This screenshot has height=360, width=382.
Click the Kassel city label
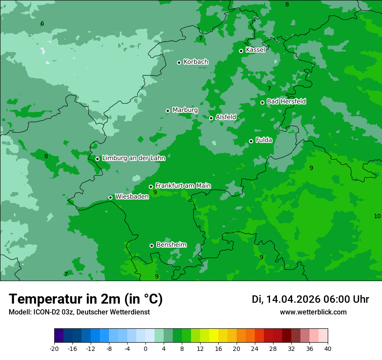pyautogui.click(x=255, y=50)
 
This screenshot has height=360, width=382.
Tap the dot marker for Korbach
pyautogui.click(x=179, y=62)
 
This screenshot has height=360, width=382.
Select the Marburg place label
pyautogui.click(x=185, y=110)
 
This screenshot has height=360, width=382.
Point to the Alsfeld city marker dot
pyautogui.click(x=211, y=118)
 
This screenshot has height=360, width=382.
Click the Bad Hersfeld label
pyautogui.click(x=286, y=101)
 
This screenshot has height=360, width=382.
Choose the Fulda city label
pyautogui.click(x=264, y=140)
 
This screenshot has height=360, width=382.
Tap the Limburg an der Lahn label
pyautogui.click(x=133, y=158)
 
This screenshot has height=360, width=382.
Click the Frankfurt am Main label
pyautogui.click(x=183, y=186)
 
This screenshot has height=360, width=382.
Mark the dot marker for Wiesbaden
pyautogui.click(x=110, y=197)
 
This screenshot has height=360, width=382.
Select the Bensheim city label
pyautogui.click(x=171, y=245)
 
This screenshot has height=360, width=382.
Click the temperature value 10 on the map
pyautogui.click(x=377, y=216)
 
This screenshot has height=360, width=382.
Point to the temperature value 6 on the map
pyautogui.click(x=42, y=24)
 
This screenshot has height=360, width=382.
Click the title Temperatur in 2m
pyautogui.click(x=86, y=299)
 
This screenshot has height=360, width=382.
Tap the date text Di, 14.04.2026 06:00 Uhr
pyautogui.click(x=310, y=299)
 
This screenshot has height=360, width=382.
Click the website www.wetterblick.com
pyautogui.click(x=313, y=312)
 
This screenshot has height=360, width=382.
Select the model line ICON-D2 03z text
pyautogui.click(x=79, y=312)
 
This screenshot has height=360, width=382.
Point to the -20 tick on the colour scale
pyautogui.click(x=54, y=348)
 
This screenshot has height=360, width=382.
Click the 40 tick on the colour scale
pyautogui.click(x=328, y=348)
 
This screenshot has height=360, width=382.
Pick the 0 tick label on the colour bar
pyautogui.click(x=145, y=348)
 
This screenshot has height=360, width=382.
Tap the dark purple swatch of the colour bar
pyautogui.click(x=59, y=336)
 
